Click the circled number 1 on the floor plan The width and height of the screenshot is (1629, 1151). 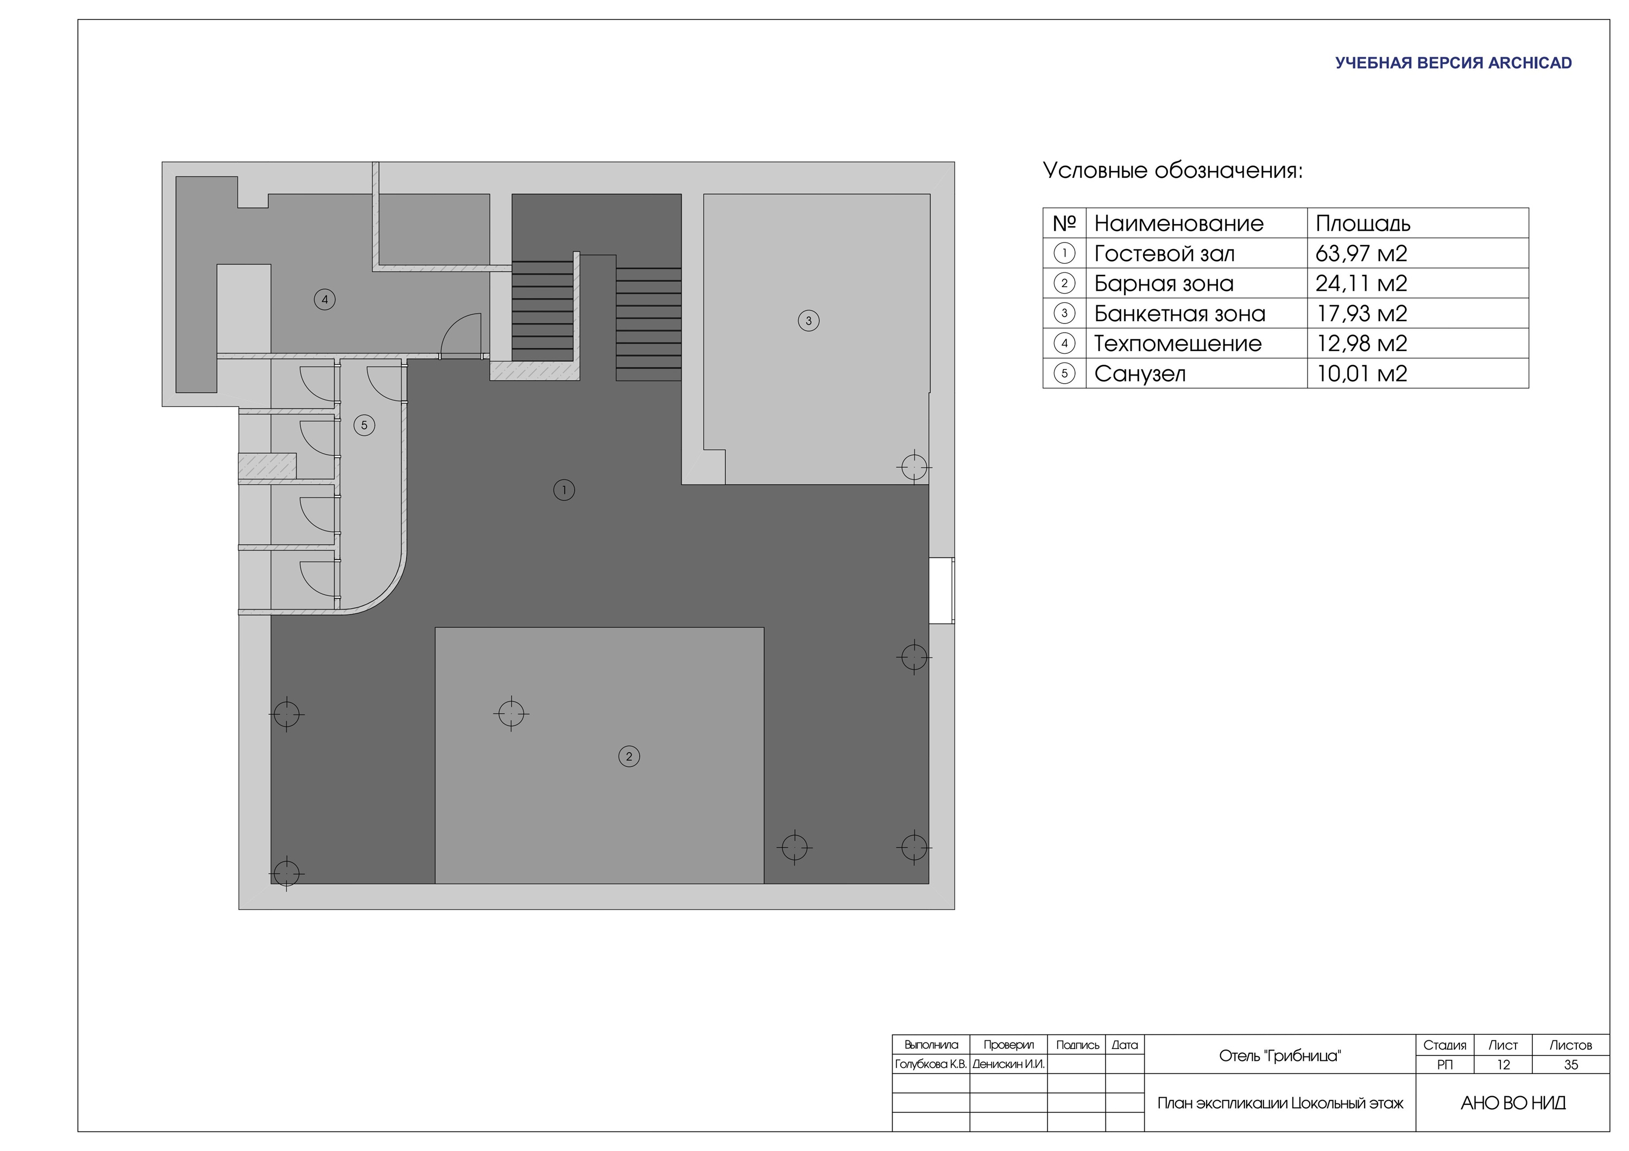coord(564,489)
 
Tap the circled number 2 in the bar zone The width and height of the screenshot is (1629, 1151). coord(629,756)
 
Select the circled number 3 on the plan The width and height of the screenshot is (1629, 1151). coord(808,321)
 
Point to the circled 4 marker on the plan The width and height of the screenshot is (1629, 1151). coord(325,299)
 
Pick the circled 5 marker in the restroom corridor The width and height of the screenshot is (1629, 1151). coord(364,425)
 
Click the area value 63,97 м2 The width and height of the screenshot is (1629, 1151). coord(1361,253)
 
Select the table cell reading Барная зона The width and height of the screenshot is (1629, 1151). coord(1164,284)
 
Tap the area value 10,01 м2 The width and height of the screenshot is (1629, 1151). coord(1361,374)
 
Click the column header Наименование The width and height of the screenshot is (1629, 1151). coord(1178,224)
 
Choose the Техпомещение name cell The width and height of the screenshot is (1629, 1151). coord(1178,344)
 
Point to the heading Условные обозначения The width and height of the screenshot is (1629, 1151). coord(1173,171)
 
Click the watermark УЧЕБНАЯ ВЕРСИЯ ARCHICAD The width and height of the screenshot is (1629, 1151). coord(1453,63)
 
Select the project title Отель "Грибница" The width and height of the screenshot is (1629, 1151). coord(1280,1056)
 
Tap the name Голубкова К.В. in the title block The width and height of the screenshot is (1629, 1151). coord(931,1065)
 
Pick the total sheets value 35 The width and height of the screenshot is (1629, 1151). coord(1571,1065)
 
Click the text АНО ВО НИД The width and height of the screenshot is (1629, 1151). coord(1513,1103)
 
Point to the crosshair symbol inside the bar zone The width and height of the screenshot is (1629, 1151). coord(511,714)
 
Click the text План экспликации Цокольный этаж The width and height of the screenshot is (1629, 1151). coord(1280,1103)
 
